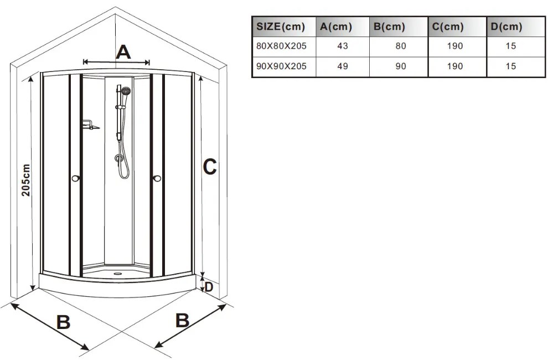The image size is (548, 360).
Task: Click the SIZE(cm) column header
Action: (281, 27)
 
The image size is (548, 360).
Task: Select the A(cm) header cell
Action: (336, 27)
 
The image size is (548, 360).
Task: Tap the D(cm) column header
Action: (506, 27)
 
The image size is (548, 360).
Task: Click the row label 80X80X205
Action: (281, 46)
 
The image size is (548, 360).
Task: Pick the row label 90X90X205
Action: (281, 66)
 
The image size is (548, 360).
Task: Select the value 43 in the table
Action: (343, 46)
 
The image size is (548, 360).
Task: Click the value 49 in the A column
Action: (343, 66)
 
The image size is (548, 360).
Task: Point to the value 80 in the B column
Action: (401, 46)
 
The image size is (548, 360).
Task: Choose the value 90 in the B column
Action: (401, 66)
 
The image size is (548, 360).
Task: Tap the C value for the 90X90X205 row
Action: (454, 66)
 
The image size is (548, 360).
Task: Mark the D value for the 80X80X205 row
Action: (510, 46)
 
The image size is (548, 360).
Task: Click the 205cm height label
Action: (26, 180)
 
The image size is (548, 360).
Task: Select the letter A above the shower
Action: (123, 53)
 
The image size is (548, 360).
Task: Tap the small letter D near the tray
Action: (209, 287)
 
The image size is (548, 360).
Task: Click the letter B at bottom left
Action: (63, 322)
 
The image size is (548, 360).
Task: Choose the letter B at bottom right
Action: (182, 320)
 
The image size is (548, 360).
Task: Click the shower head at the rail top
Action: (126, 91)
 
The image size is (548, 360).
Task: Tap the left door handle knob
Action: (75, 178)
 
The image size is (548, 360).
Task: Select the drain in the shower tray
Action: (117, 274)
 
